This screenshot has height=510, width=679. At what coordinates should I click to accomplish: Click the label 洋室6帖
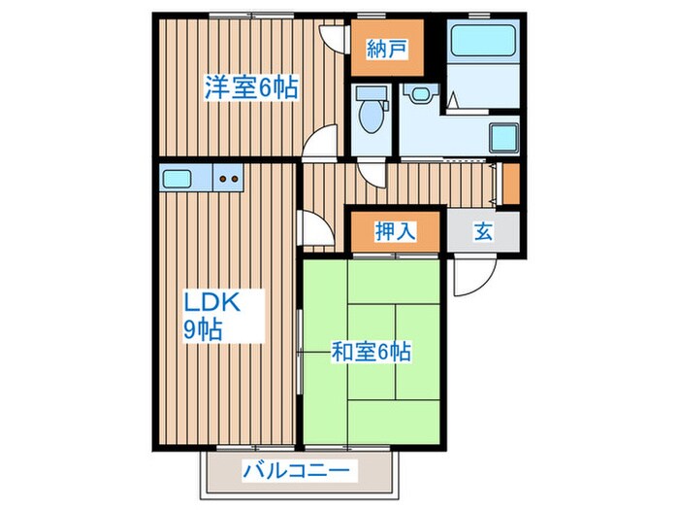pyautogui.click(x=250, y=87)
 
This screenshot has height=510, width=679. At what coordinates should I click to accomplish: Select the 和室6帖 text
pyautogui.click(x=372, y=350)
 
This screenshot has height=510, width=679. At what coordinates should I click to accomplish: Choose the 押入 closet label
pyautogui.click(x=396, y=231)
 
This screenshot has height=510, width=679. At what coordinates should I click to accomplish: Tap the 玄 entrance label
pyautogui.click(x=482, y=231)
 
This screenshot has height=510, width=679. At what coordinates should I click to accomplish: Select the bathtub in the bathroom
pyautogui.click(x=482, y=43)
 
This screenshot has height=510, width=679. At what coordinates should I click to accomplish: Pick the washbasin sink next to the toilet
pyautogui.click(x=419, y=95)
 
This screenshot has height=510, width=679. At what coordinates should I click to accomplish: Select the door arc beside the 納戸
pyautogui.click(x=335, y=37)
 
